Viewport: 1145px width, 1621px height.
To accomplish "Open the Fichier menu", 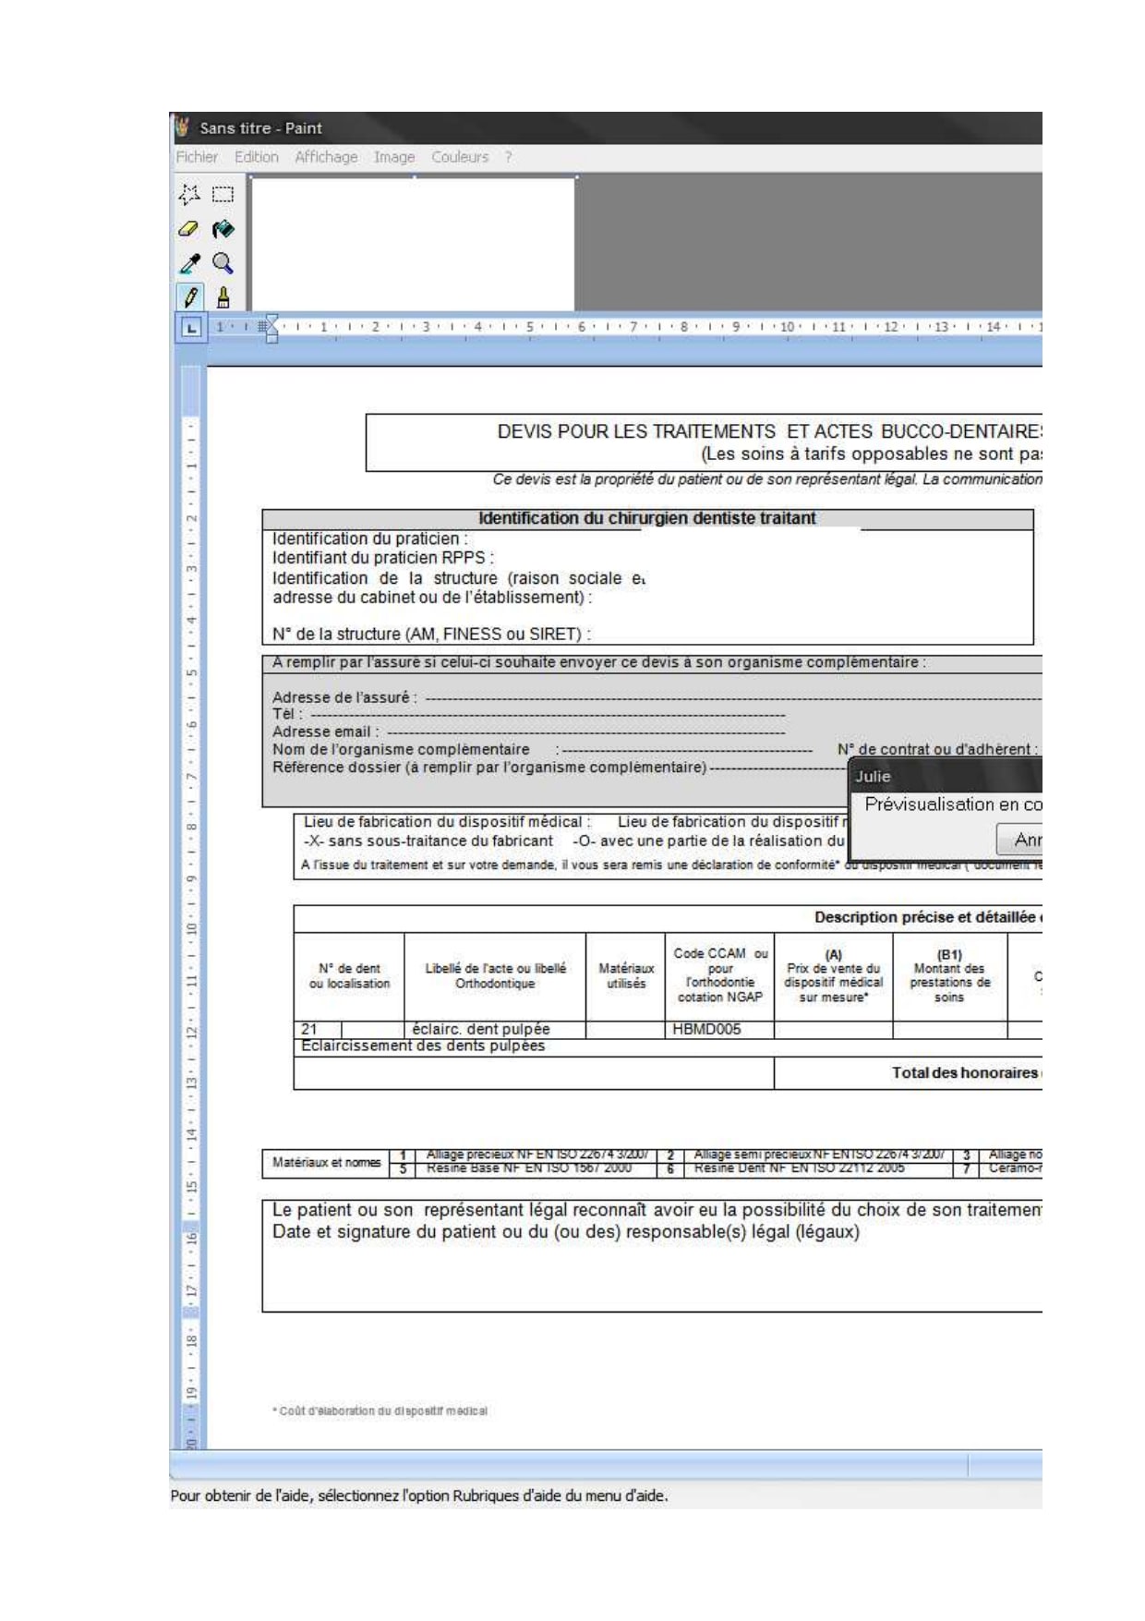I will coord(197,157).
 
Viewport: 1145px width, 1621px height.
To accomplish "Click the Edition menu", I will coord(256,157).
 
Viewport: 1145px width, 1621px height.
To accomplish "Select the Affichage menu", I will coord(326,157).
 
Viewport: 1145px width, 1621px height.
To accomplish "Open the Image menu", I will coord(394,157).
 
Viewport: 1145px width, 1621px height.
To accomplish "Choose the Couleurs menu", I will coord(460,157).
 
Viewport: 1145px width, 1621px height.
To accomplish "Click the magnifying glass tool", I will coord(223,263).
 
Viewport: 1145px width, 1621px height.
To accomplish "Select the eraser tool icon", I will coord(188,229).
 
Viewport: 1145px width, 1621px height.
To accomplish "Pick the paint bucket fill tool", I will coord(223,229).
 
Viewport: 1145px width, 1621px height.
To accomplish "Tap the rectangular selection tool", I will coord(223,195).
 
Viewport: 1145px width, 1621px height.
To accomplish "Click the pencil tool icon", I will coord(190,297).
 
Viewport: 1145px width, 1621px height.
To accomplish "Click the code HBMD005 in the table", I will coord(706,1029).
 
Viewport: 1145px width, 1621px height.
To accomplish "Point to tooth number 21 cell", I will coord(309,1029).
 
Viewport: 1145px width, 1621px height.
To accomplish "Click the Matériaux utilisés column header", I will coord(626,976).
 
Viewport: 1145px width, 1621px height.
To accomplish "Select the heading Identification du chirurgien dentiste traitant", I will coord(646,518).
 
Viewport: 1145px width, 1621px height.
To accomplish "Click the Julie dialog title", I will coord(873,776).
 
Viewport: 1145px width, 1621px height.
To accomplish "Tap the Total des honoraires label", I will coord(964,1072).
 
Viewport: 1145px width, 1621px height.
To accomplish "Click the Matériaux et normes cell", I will coord(326,1162).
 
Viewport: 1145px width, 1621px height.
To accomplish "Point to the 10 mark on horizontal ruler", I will coord(787,327).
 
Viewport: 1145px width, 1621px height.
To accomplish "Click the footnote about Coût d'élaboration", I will coord(380,1410).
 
